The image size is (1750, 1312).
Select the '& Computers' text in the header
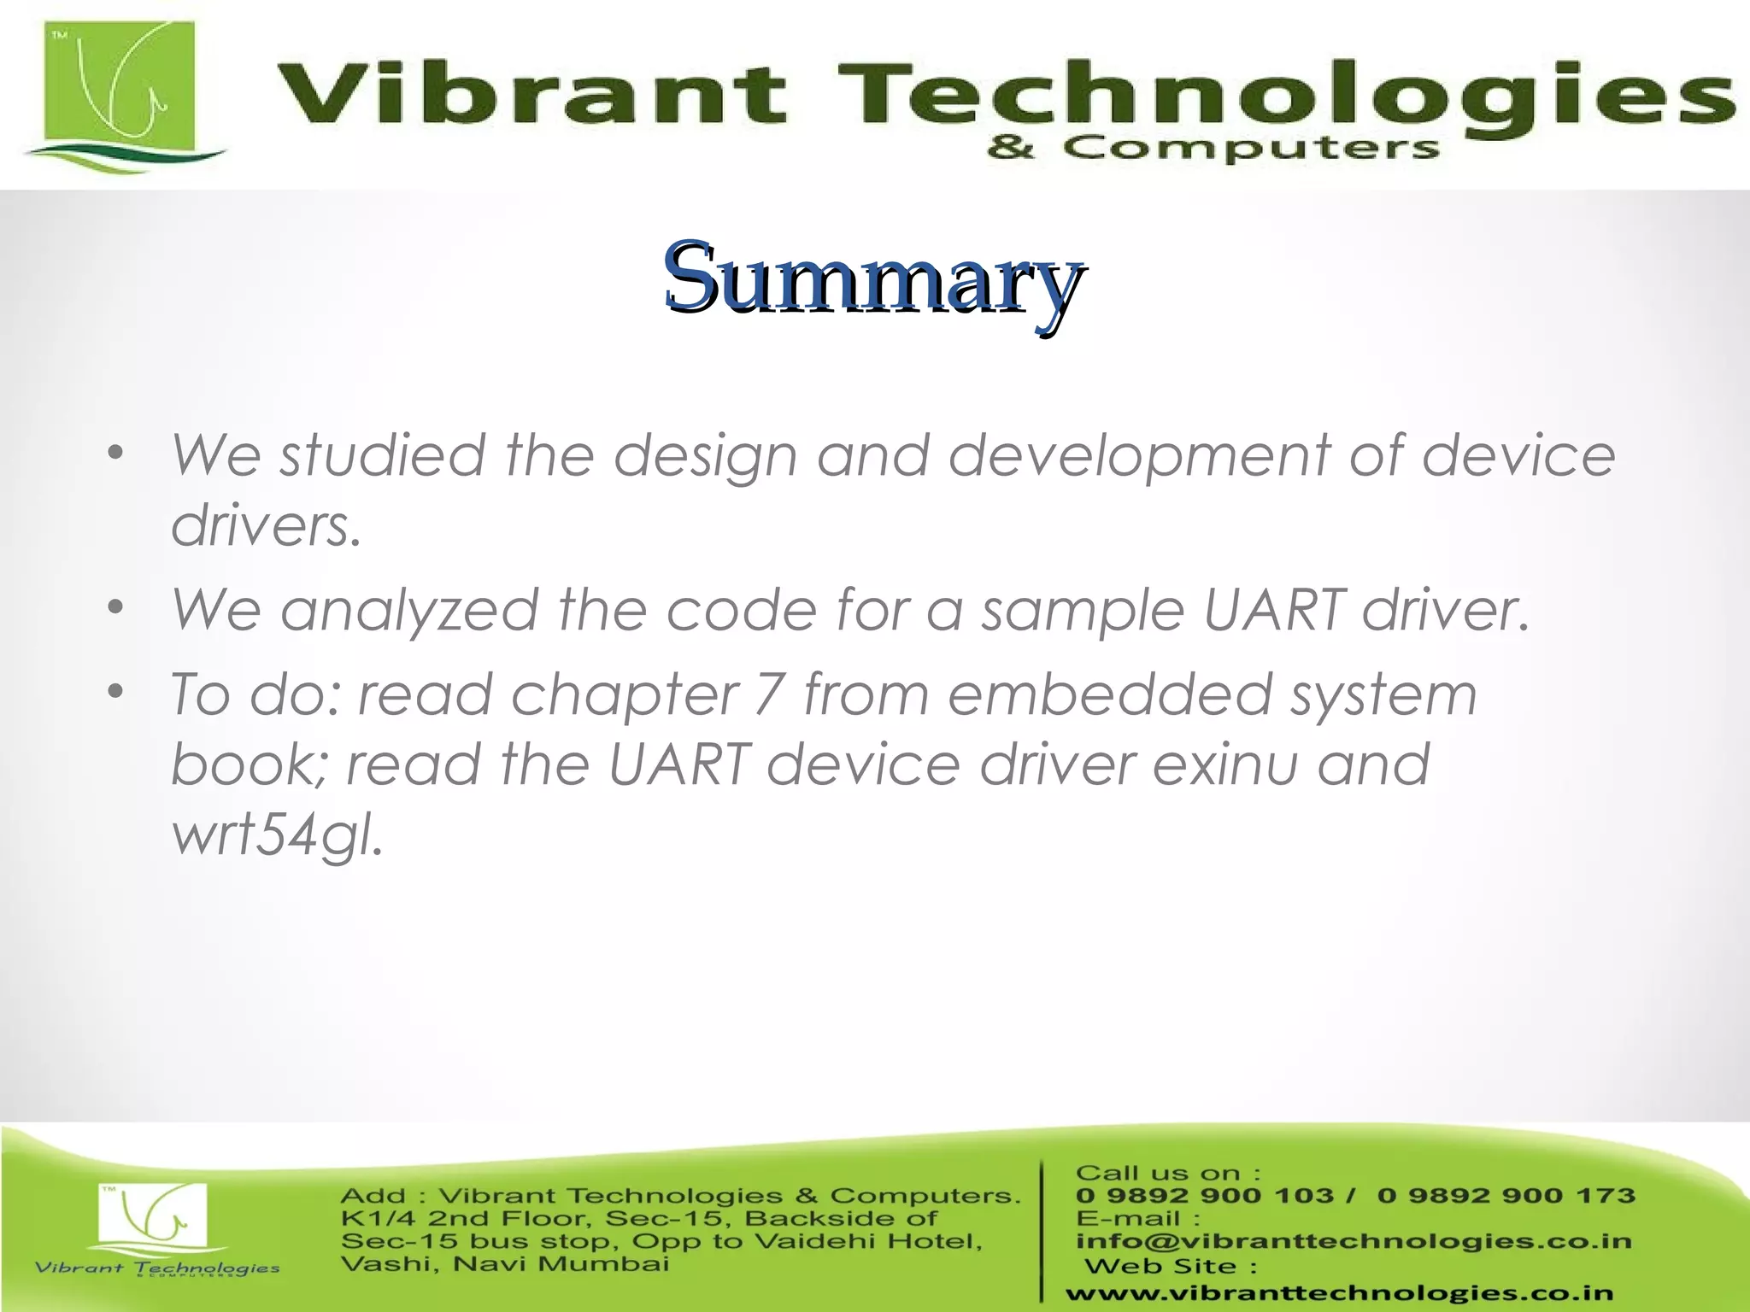point(1212,149)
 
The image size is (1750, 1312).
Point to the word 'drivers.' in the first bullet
point(267,524)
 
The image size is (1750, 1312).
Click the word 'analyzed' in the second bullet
point(409,610)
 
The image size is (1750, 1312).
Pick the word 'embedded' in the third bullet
point(1109,694)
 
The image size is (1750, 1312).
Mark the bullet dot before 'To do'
point(117,690)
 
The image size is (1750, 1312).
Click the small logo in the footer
point(154,1221)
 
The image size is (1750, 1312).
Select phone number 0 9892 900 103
point(1204,1195)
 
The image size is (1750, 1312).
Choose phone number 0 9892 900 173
point(1506,1195)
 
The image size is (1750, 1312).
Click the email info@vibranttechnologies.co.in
point(1353,1241)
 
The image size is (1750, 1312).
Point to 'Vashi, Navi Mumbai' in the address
point(504,1263)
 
